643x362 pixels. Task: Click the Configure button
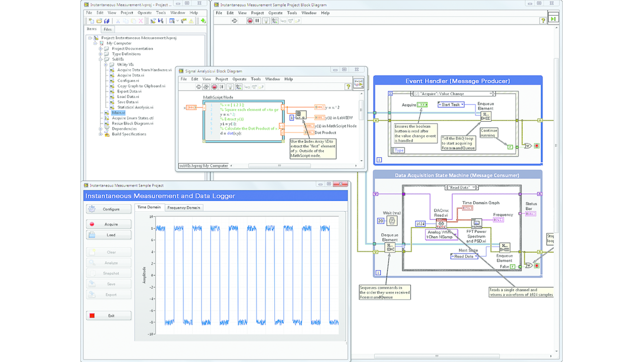109,209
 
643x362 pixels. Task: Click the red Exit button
109,316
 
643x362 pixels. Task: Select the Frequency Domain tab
183,207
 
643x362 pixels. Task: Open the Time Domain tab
149,207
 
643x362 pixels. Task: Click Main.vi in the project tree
118,113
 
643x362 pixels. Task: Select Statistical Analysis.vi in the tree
135,107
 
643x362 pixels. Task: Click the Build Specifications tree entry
129,134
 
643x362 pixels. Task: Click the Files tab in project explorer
108,29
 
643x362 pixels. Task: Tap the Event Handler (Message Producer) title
458,81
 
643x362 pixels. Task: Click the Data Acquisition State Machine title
457,175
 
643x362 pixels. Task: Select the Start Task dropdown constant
451,105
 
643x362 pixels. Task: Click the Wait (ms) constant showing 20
381,221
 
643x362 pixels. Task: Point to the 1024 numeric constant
421,223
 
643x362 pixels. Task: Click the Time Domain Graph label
481,203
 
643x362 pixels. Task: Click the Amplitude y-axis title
144,275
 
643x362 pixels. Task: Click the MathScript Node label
218,97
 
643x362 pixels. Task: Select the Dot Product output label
326,133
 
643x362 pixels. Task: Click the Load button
109,235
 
